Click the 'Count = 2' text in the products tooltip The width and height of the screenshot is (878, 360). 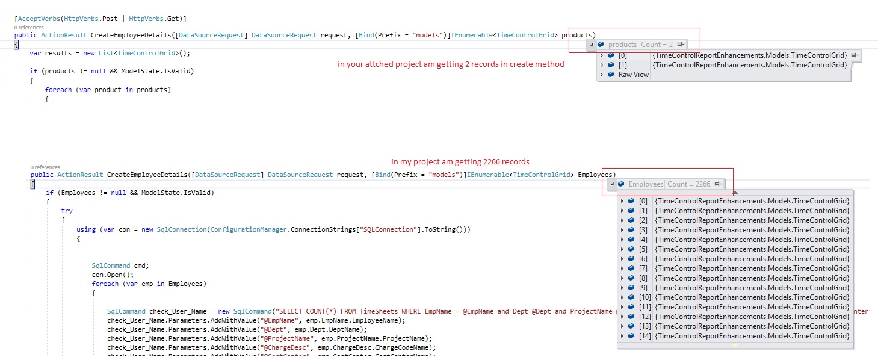pyautogui.click(x=657, y=45)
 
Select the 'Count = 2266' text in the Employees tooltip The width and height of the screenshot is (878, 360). pyautogui.click(x=688, y=184)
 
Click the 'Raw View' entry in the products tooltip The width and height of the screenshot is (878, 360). pyautogui.click(x=634, y=75)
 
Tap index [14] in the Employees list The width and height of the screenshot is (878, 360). pyautogui.click(x=645, y=336)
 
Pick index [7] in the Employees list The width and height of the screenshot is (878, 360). pyautogui.click(x=643, y=268)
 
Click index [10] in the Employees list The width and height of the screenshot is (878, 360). pyautogui.click(x=645, y=297)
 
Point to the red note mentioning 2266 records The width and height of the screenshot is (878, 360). pyautogui.click(x=460, y=162)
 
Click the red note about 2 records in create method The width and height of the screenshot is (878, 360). pyautogui.click(x=451, y=64)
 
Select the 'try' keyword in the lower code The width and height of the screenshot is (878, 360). pyautogui.click(x=67, y=211)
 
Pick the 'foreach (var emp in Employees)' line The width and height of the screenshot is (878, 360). pyautogui.click(x=149, y=284)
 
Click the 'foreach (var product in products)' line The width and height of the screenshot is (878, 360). pyautogui.click(x=108, y=90)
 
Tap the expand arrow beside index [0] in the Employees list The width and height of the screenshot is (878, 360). pyautogui.click(x=622, y=201)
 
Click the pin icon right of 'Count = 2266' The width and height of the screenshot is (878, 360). pyautogui.click(x=719, y=184)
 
